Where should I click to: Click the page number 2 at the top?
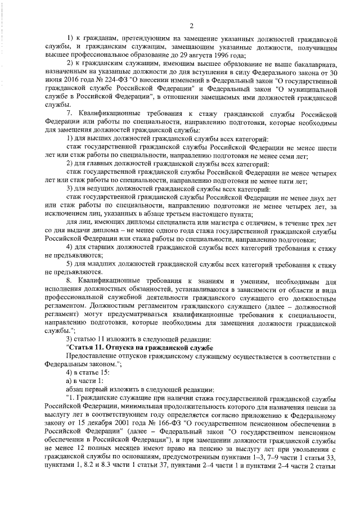pyautogui.click(x=192, y=25)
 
